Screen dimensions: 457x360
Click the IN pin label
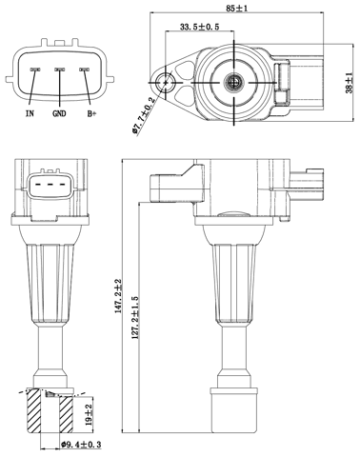pos(31,112)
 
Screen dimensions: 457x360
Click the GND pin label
pos(59,112)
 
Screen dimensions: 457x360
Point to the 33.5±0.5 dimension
pos(200,28)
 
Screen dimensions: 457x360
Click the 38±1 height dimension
pos(350,84)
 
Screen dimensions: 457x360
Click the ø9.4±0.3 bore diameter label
pos(82,444)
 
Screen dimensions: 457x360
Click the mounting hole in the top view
pos(170,83)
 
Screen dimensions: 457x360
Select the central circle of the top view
pos(231,84)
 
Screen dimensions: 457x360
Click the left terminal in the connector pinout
pos(33,70)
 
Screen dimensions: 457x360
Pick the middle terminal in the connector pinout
pos(59,70)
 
